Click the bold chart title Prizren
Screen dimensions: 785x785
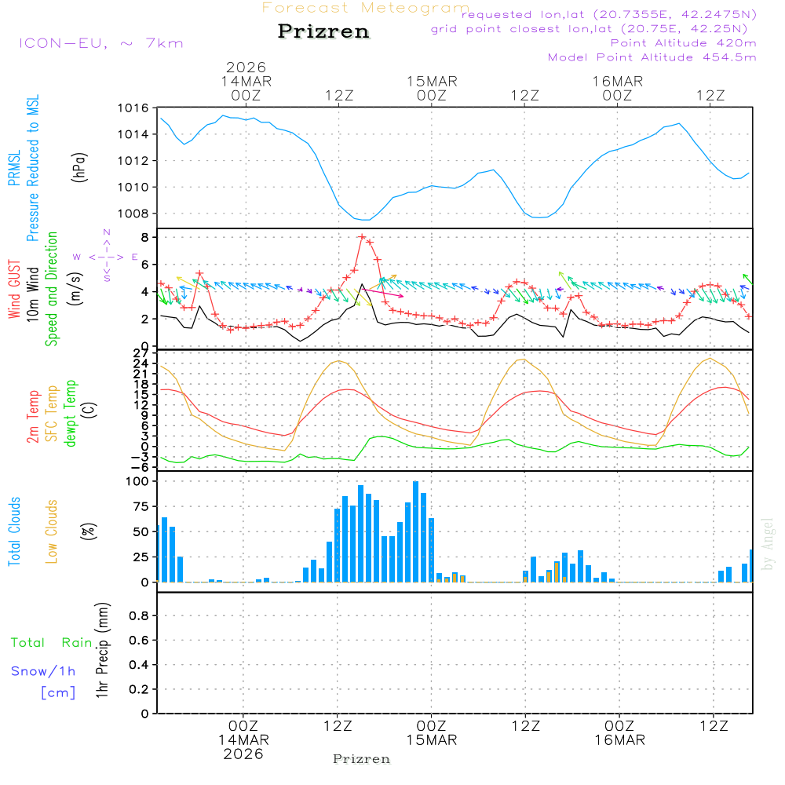(323, 32)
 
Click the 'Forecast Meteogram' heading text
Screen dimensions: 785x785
(366, 8)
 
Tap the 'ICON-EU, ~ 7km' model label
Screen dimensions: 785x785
(100, 43)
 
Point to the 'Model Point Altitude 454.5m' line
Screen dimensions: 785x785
(652, 57)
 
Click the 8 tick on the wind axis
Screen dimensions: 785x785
(145, 237)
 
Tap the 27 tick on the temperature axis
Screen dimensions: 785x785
(142, 352)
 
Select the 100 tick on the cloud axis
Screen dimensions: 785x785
(138, 481)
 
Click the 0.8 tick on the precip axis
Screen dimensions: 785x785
(138, 616)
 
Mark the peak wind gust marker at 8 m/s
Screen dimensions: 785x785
(362, 237)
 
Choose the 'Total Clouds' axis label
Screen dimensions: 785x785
(15, 531)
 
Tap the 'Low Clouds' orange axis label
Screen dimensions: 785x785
(52, 531)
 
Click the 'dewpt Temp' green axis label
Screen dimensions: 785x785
(71, 414)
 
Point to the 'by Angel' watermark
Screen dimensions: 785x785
(768, 544)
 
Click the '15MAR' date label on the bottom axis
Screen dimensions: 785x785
(432, 740)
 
